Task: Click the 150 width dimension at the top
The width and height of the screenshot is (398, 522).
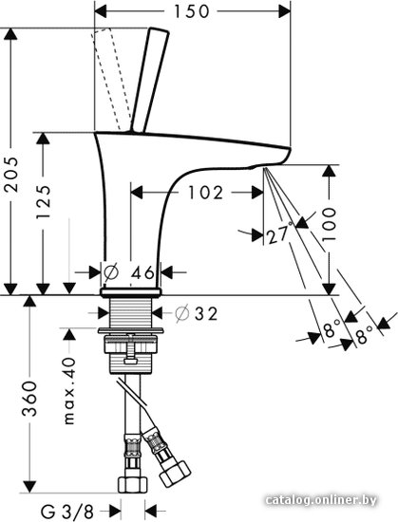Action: (192, 11)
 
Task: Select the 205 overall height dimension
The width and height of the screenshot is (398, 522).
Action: (11, 174)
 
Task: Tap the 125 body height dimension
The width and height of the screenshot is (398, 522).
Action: (44, 202)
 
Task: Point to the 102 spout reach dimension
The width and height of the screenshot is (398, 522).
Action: (205, 193)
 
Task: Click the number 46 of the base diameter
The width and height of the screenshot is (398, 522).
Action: (142, 273)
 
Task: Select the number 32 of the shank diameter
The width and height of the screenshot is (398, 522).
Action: (206, 313)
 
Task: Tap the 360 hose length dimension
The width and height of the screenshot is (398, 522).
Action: (29, 399)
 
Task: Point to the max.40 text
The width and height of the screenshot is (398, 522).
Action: (69, 391)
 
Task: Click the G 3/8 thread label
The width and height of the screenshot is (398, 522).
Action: (67, 511)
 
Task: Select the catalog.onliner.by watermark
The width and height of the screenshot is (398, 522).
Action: (321, 499)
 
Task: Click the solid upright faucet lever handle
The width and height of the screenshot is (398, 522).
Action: (149, 80)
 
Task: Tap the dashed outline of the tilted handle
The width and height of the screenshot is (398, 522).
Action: (110, 79)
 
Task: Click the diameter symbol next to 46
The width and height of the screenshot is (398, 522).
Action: (111, 272)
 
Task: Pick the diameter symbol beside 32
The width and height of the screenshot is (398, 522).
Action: (182, 313)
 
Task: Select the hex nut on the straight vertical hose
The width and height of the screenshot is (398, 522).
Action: (133, 484)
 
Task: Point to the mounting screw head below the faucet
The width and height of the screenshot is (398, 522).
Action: (130, 361)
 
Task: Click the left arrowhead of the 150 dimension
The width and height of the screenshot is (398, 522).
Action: (101, 12)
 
